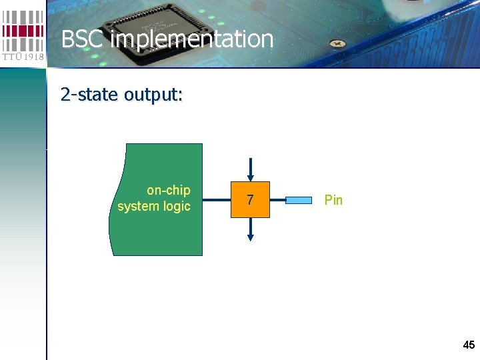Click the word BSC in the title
tap(83, 39)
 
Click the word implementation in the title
tap(192, 39)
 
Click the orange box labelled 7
tap(250, 199)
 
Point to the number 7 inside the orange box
tap(250, 200)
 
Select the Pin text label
tap(333, 200)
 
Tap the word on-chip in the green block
tap(169, 191)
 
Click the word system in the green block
tap(138, 207)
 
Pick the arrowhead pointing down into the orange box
tap(250, 175)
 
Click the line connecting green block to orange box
tap(217, 199)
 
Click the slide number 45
tap(469, 345)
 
